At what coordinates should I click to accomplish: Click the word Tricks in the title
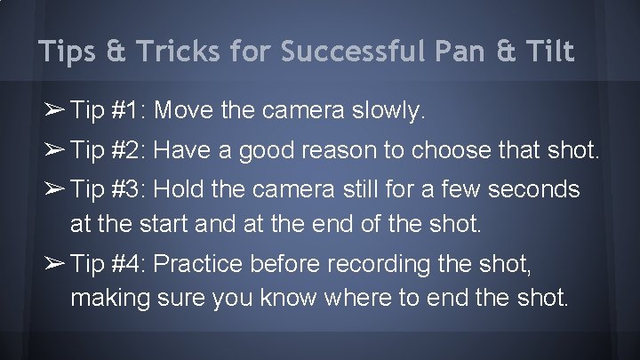[x=152, y=52]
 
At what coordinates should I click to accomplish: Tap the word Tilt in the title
[x=548, y=52]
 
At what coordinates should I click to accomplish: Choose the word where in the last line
[x=366, y=296]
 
